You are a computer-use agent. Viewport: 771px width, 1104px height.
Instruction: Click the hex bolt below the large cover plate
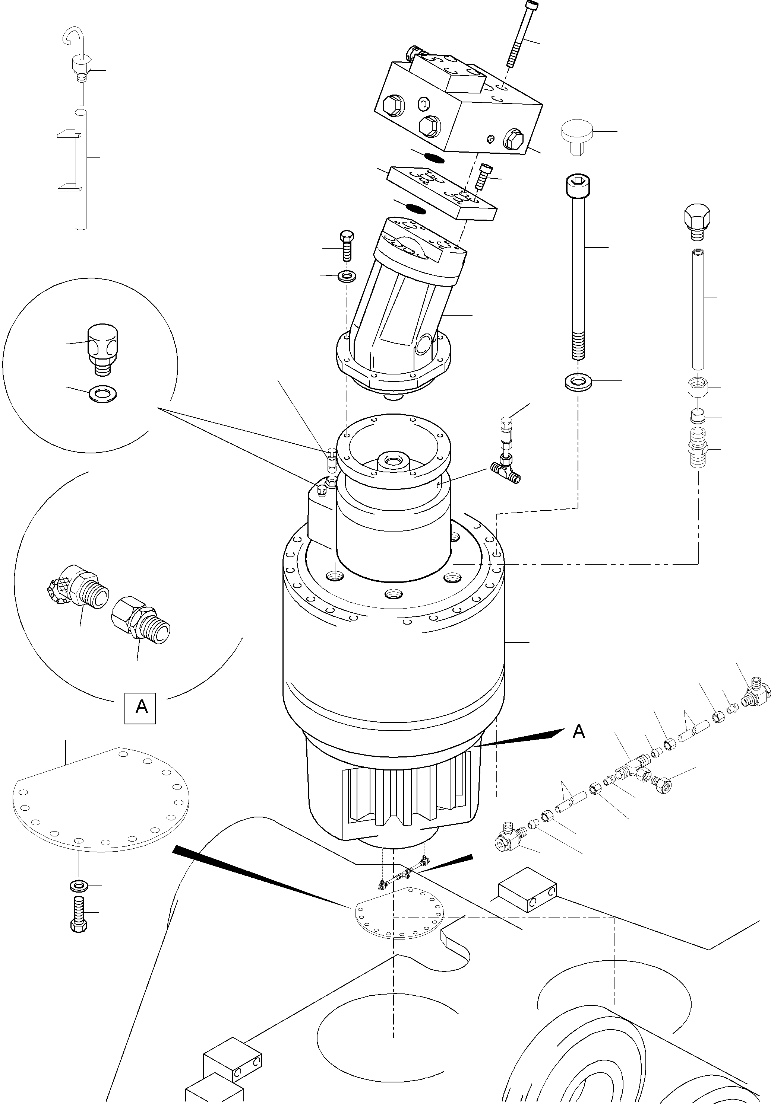coord(79,913)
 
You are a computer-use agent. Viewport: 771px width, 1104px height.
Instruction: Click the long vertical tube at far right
coord(698,308)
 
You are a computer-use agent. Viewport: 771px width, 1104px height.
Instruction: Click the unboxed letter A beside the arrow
coord(579,731)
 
